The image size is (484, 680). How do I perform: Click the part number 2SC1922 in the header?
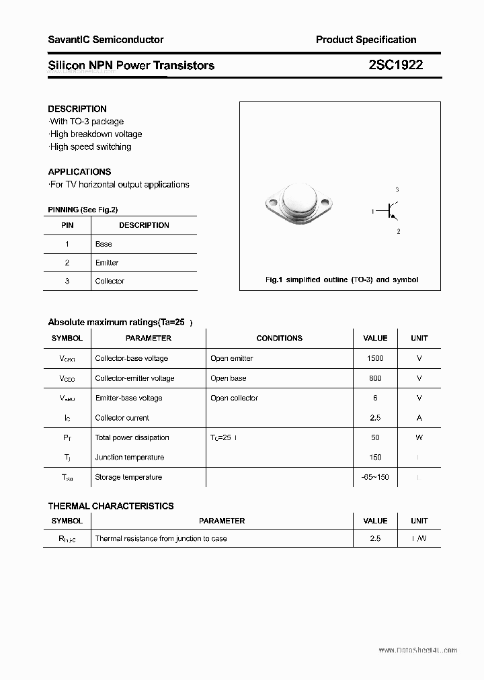[x=395, y=65]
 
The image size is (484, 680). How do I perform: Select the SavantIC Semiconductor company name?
[x=106, y=40]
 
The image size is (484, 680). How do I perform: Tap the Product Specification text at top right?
[x=366, y=40]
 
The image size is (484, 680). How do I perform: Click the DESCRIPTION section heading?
[x=77, y=109]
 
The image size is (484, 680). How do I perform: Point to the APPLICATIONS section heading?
[x=79, y=171]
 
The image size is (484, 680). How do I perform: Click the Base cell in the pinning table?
[x=104, y=244]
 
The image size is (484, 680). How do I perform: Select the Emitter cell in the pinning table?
[x=107, y=263]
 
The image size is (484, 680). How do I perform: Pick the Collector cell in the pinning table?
[x=110, y=281]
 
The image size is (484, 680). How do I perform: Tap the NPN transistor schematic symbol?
[x=391, y=211]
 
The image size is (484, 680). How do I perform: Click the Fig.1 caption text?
[x=341, y=280]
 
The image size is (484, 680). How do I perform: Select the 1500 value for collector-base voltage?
[x=375, y=358]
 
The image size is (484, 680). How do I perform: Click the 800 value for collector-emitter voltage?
[x=375, y=378]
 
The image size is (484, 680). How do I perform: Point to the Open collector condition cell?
[x=234, y=398]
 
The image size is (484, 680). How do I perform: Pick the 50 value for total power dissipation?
[x=375, y=437]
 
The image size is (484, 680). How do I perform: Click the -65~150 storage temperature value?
[x=375, y=477]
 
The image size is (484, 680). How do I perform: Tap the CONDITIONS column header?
[x=280, y=338]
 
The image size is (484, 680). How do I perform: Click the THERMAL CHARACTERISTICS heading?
[x=111, y=506]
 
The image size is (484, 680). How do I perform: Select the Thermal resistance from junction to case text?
[x=161, y=538]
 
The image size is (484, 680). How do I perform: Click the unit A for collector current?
[x=419, y=417]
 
